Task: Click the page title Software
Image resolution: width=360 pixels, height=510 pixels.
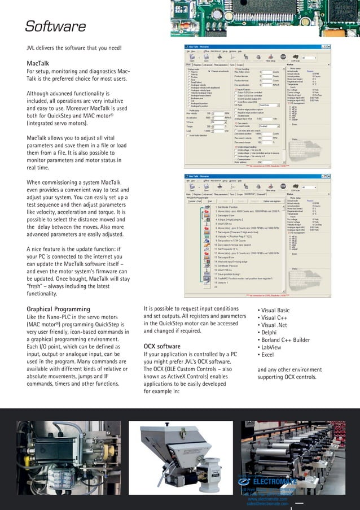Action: coord(55,27)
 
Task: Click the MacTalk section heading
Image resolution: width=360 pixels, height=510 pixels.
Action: coord(38,63)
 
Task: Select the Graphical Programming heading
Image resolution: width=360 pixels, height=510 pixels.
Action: coord(58,309)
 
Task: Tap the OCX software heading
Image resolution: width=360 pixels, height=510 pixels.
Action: coord(162,346)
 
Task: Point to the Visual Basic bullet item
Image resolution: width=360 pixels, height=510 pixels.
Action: coord(274,310)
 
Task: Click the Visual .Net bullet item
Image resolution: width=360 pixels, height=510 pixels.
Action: coord(273,325)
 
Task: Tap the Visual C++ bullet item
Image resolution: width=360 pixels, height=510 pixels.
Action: coord(273,317)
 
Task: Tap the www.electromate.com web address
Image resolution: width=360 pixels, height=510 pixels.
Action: coord(267,499)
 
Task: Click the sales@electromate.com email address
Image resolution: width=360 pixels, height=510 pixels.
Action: coord(267,504)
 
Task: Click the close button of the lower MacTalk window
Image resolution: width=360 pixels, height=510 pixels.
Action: coord(335,177)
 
